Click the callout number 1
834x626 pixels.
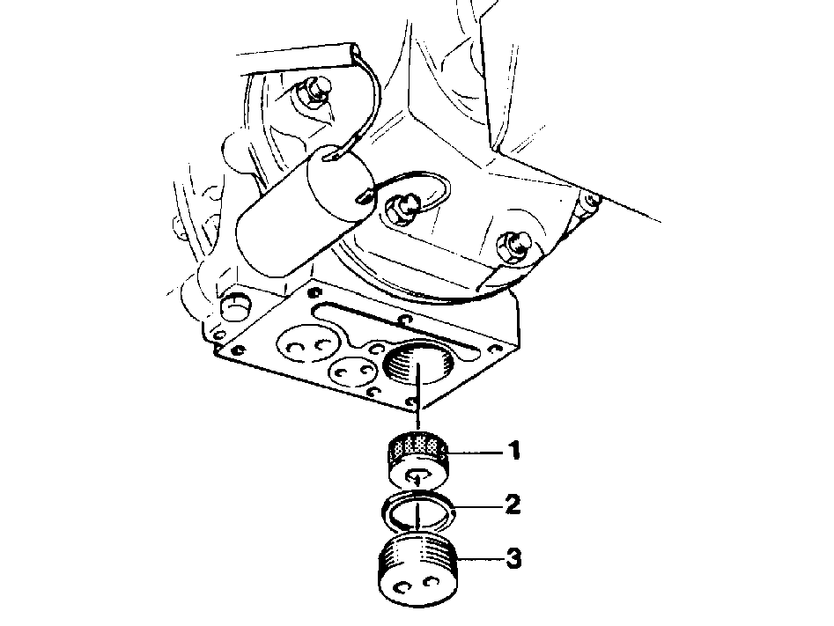[513, 451]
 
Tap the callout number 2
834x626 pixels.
[513, 504]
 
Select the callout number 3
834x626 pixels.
[513, 559]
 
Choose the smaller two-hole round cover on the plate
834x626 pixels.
[353, 369]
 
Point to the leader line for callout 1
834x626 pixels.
[475, 452]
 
